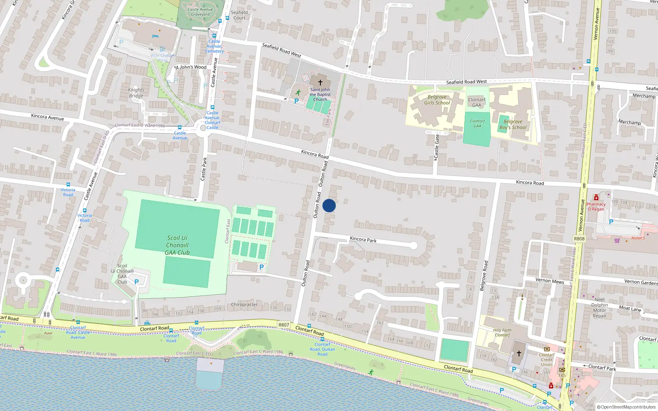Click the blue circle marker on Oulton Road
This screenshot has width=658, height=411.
pyautogui.click(x=329, y=205)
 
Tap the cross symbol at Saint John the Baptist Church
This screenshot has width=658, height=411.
pyautogui.click(x=320, y=83)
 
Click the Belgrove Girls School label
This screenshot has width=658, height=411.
pyautogui.click(x=437, y=100)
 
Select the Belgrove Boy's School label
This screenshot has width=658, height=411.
pyautogui.click(x=513, y=125)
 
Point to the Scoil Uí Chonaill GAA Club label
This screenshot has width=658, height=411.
pyautogui.click(x=177, y=245)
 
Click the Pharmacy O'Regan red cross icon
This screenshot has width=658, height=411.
pyautogui.click(x=596, y=198)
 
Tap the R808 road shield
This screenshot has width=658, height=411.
pyautogui.click(x=579, y=239)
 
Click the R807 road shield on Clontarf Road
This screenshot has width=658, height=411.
pyautogui.click(x=284, y=325)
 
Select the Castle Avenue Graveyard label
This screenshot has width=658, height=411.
pyautogui.click(x=200, y=12)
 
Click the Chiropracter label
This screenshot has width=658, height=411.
pyautogui.click(x=244, y=305)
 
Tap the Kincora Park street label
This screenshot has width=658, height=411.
pyautogui.click(x=363, y=239)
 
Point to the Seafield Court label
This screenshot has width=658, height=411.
pyautogui.click(x=239, y=15)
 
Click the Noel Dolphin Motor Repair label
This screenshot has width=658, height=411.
pyautogui.click(x=600, y=308)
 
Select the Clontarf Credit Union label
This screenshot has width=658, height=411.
pyautogui.click(x=547, y=360)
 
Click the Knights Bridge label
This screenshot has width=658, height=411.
pyautogui.click(x=136, y=93)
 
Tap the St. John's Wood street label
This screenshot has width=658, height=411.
pyautogui.click(x=190, y=67)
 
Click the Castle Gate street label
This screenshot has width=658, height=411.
pyautogui.click(x=437, y=148)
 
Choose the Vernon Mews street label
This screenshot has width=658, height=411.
pyautogui.click(x=549, y=281)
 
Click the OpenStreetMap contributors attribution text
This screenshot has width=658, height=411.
pyautogui.click(x=628, y=407)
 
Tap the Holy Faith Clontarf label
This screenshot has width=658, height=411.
pyautogui.click(x=502, y=332)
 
